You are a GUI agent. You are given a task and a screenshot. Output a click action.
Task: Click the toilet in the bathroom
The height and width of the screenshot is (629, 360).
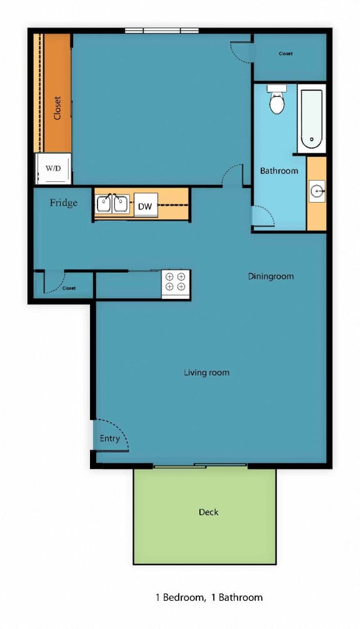tap(277, 101)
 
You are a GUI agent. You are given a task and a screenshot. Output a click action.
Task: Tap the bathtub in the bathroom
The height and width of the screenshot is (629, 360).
tap(311, 119)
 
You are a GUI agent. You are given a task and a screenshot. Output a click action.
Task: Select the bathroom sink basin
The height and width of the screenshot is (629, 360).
tap(317, 191)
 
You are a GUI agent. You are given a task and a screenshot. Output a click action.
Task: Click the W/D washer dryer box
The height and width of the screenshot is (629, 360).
tap(52, 168)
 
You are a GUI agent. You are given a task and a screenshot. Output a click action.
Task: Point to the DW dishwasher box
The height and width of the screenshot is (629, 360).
tap(145, 205)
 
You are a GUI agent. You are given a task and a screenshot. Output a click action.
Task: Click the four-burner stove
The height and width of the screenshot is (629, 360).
tap(176, 282)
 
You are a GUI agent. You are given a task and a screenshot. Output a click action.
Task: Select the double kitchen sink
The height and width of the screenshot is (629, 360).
tap(112, 204)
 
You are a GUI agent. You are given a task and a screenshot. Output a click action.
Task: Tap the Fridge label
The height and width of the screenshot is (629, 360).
tap(64, 203)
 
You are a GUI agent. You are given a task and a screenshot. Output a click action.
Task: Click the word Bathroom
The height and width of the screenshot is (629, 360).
tap(279, 171)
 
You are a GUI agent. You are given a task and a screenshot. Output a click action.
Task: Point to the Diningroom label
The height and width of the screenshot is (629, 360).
tap(271, 276)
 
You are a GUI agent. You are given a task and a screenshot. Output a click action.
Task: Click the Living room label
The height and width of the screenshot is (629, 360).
tap(206, 373)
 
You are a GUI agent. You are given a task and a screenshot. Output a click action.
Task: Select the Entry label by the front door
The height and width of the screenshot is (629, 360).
tap(109, 438)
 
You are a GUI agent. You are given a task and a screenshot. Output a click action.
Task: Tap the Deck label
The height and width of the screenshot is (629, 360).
tap(208, 512)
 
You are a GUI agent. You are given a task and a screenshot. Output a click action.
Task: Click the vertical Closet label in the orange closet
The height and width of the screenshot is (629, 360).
tap(57, 107)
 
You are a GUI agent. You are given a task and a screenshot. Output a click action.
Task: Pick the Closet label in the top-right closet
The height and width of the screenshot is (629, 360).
tap(286, 54)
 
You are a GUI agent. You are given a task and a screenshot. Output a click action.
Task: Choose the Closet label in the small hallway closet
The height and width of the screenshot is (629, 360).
tap(68, 288)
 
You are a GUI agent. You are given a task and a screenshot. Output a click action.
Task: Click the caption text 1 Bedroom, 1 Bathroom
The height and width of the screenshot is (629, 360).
tap(209, 597)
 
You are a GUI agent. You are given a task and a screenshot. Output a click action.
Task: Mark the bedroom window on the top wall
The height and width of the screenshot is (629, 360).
tap(161, 31)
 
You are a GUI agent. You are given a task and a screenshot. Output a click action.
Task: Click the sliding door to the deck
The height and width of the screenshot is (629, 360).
tap(200, 465)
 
